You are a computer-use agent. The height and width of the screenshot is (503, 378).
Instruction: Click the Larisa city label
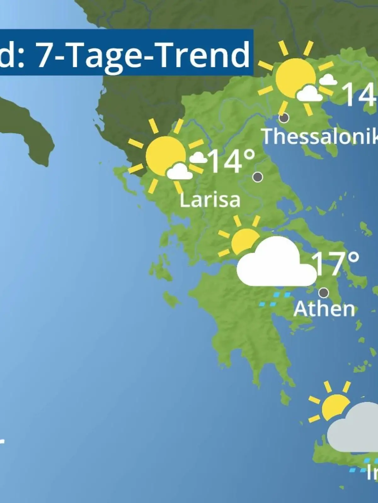click(210, 200)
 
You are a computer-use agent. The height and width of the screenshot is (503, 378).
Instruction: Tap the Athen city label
click(324, 309)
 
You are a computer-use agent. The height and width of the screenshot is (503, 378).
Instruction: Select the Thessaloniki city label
click(320, 136)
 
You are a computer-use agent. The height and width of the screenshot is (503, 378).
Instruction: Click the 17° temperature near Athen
click(335, 264)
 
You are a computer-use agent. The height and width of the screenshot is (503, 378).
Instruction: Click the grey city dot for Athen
click(324, 293)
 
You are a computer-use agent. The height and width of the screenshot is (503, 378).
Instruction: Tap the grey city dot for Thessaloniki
click(284, 118)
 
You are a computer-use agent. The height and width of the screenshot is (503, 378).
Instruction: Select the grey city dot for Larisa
click(258, 177)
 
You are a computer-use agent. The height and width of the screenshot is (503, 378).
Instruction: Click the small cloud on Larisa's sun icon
click(180, 171)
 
